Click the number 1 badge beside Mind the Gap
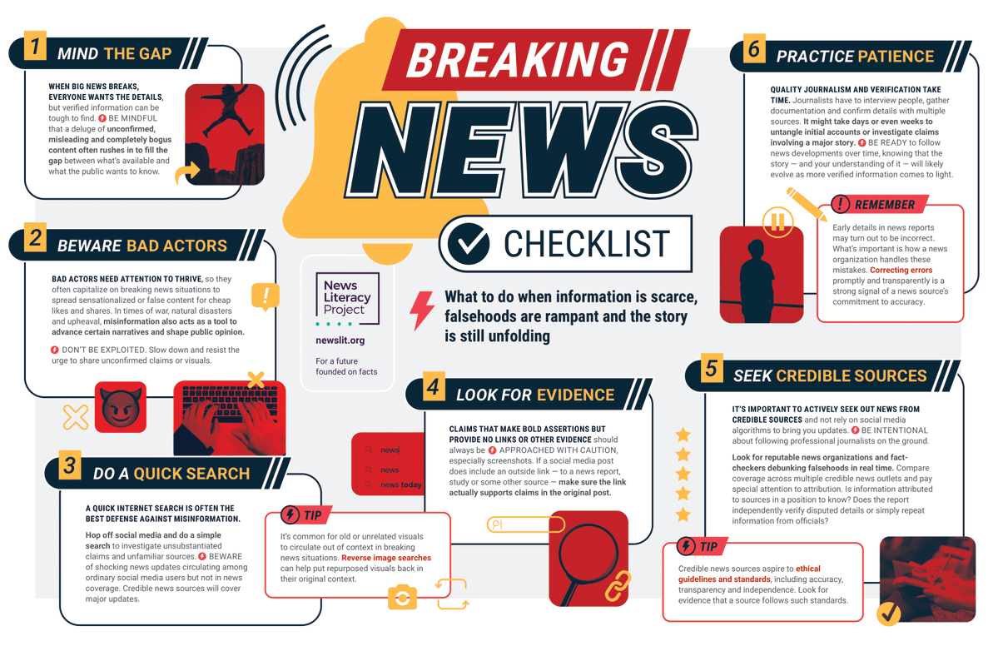click(x=34, y=47)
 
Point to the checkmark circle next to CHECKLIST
click(x=469, y=243)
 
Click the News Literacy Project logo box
click(x=347, y=298)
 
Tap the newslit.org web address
click(x=340, y=340)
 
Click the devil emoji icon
click(x=121, y=406)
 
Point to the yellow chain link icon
click(x=617, y=586)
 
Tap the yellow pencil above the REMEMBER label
click(x=806, y=204)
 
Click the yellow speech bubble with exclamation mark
click(x=266, y=296)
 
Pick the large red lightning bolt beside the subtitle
click(x=422, y=310)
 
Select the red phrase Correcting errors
click(x=901, y=271)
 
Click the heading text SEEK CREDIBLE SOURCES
click(x=830, y=376)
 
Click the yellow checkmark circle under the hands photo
click(x=888, y=613)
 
